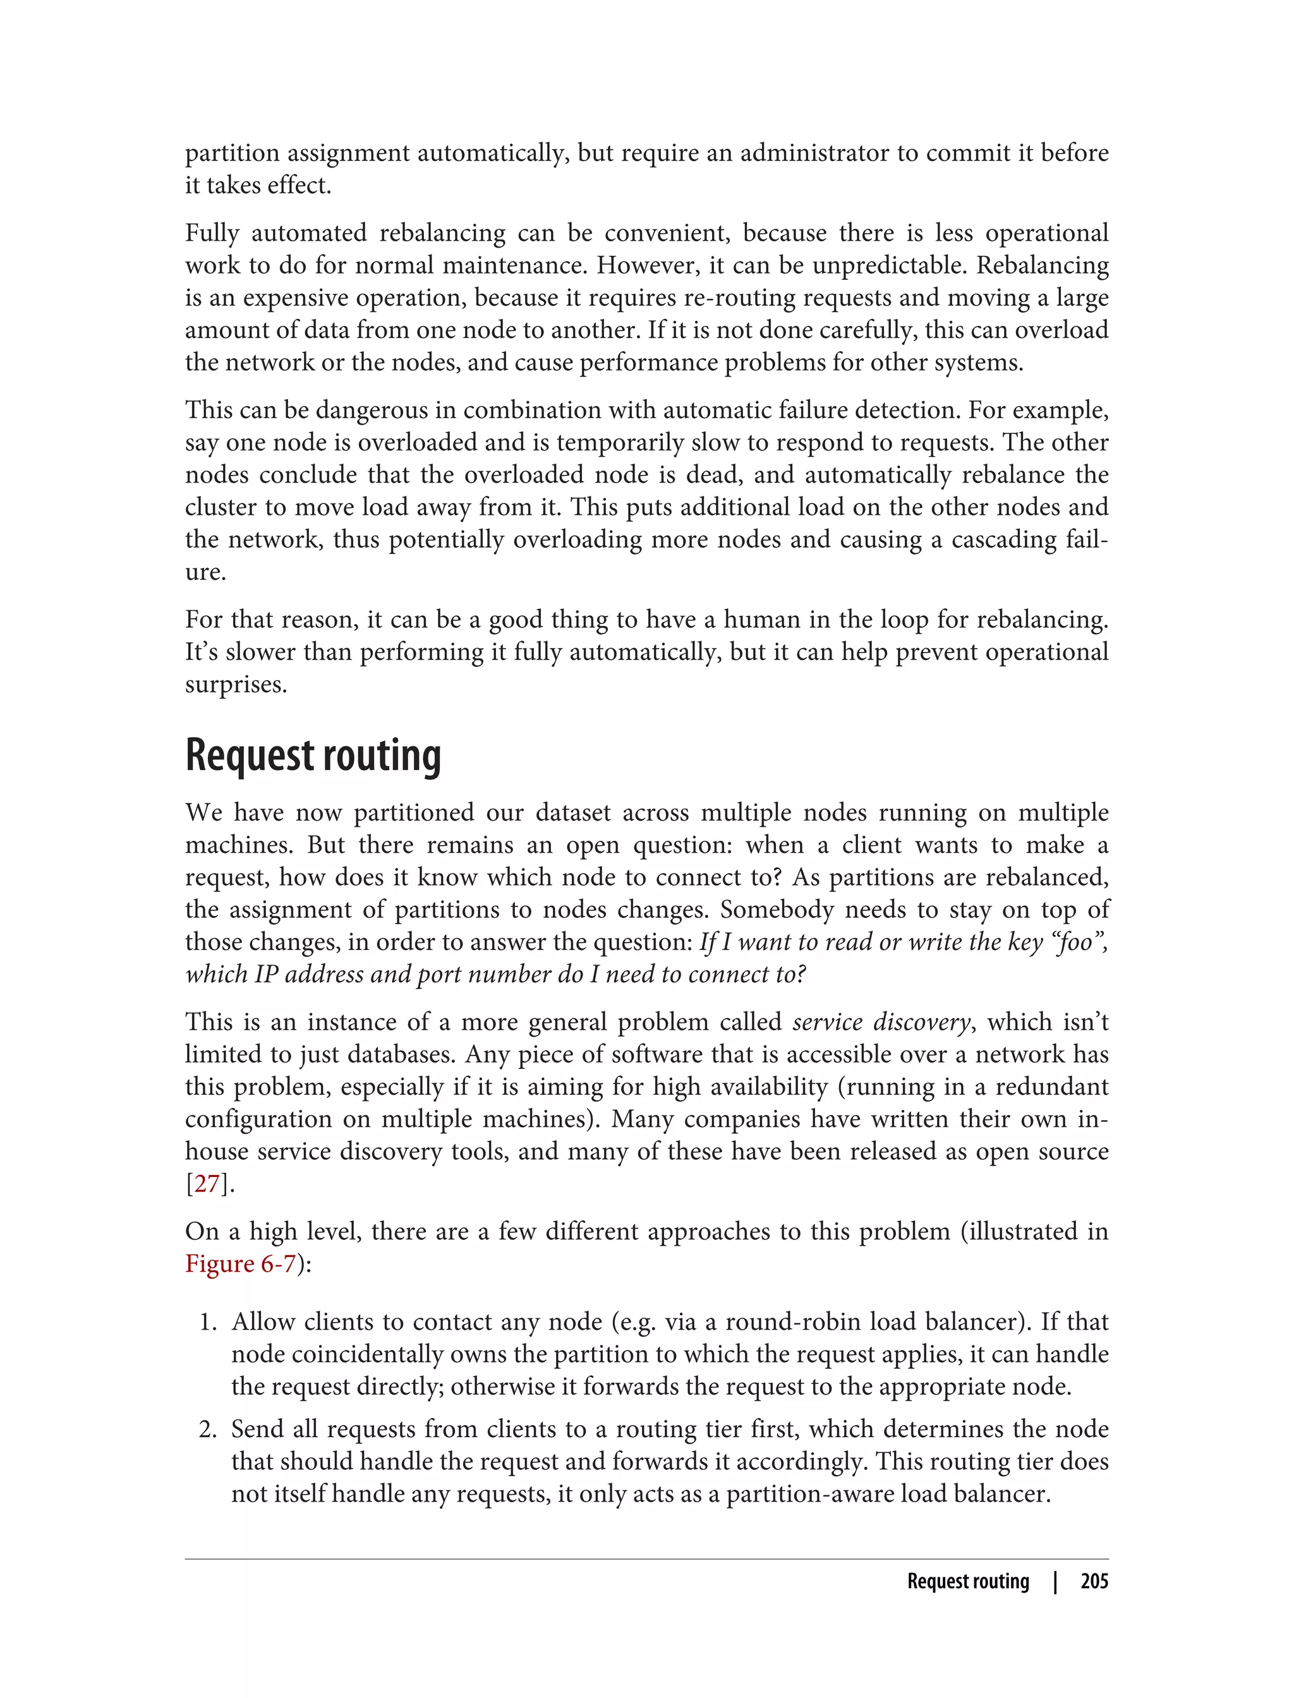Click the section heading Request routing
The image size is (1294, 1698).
point(313,756)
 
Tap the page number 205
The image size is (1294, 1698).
point(1094,1582)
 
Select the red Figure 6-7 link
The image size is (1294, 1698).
point(240,1263)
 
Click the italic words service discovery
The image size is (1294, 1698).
point(881,1022)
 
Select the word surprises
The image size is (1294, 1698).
point(236,685)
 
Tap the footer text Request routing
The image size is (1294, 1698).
point(967,1582)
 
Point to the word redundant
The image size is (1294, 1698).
point(1052,1087)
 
